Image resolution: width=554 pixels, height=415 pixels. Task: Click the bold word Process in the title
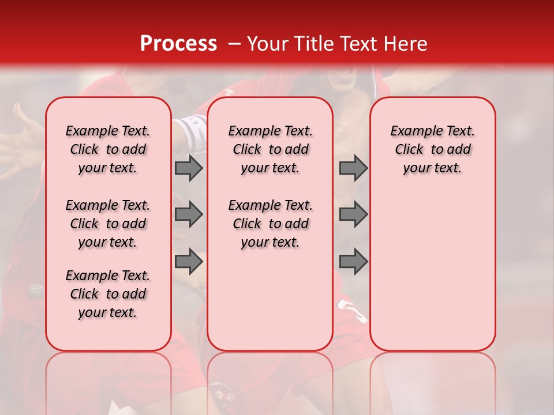click(x=178, y=44)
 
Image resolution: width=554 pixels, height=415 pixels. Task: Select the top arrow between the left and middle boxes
click(x=189, y=168)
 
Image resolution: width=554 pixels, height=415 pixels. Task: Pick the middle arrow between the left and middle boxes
click(x=189, y=214)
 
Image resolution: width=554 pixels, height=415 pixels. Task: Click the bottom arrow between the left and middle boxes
click(x=189, y=262)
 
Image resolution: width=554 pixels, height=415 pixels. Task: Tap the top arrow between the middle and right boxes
click(x=353, y=168)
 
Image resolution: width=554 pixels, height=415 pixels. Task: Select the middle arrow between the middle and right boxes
click(x=353, y=214)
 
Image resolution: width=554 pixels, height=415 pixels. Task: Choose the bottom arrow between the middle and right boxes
click(x=353, y=262)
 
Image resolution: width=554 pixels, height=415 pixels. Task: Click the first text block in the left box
click(x=108, y=149)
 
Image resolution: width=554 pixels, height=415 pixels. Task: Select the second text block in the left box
click(x=108, y=224)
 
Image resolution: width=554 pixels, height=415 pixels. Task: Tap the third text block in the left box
click(x=108, y=294)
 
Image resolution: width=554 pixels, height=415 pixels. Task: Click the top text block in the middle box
click(x=270, y=149)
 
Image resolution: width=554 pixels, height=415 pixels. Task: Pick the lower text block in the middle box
click(x=270, y=224)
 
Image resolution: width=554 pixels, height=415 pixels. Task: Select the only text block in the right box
click(x=432, y=149)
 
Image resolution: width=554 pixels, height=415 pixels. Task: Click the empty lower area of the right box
click(x=432, y=271)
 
